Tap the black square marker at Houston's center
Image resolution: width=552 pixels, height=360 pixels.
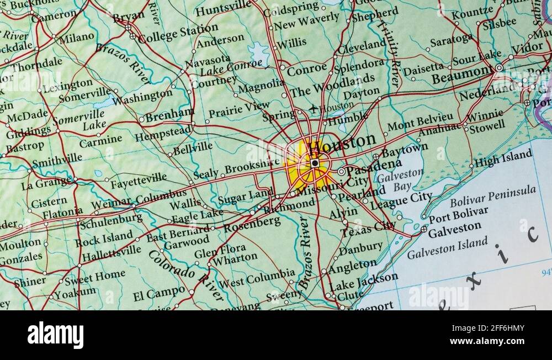click(x=315, y=163)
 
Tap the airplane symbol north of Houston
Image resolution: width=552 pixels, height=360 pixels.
click(x=314, y=108)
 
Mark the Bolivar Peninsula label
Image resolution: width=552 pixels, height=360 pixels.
click(x=493, y=195)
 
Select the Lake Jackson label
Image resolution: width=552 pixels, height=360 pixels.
click(x=364, y=281)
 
